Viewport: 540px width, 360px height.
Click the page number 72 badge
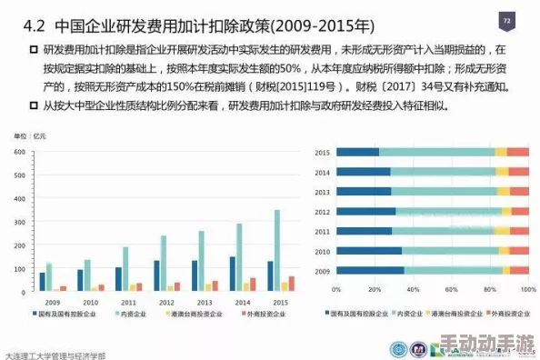506,21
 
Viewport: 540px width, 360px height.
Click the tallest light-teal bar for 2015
277,250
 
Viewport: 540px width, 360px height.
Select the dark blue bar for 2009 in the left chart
42,281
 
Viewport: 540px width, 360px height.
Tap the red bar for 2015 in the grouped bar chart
291,283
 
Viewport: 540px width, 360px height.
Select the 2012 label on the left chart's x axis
165,301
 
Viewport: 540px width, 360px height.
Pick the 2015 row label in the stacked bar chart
321,152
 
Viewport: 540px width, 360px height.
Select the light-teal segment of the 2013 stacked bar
445,191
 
